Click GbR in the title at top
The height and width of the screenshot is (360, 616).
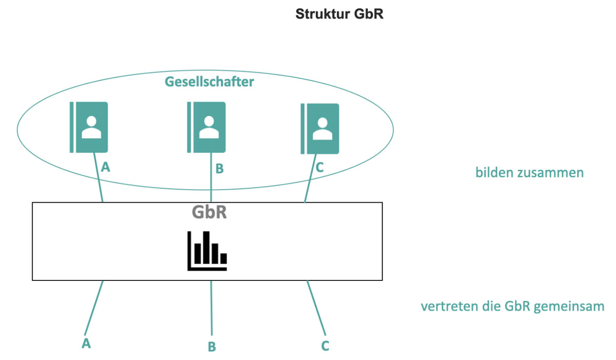pos(369,14)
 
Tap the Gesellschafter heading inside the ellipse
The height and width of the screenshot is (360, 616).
pos(209,82)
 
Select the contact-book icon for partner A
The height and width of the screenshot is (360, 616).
pos(89,127)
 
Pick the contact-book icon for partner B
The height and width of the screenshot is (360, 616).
pos(206,127)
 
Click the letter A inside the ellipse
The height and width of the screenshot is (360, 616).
pos(106,166)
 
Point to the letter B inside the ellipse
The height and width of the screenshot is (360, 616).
pos(219,168)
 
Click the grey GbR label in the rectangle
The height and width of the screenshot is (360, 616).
pos(209,213)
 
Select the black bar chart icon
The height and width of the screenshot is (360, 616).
pos(207,251)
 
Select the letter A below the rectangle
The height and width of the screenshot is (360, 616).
pos(86,343)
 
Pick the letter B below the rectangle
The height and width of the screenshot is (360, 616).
pos(211,347)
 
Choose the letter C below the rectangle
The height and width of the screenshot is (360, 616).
pos(325,346)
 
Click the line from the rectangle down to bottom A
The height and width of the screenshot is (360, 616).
pos(94,308)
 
